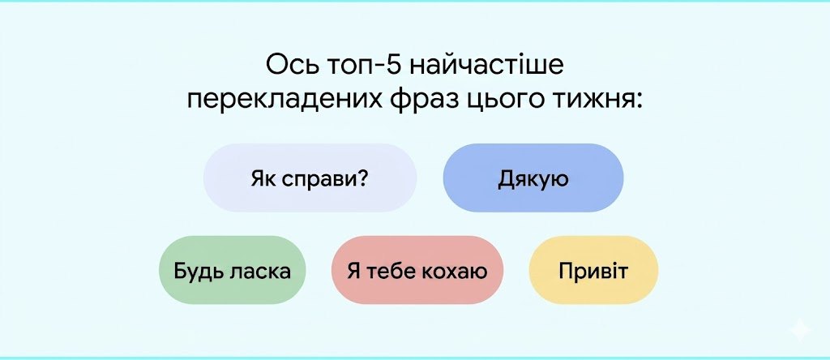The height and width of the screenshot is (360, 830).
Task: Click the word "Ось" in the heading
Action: pyautogui.click(x=293, y=67)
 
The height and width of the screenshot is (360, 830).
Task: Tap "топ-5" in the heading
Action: pyautogui.click(x=366, y=68)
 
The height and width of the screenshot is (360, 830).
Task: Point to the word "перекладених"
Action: pyautogui.click(x=283, y=101)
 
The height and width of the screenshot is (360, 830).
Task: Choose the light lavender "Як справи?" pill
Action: pyautogui.click(x=310, y=178)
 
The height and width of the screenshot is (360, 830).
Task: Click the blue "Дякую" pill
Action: pyautogui.click(x=533, y=178)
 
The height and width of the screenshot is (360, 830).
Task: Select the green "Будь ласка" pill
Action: pyautogui.click(x=233, y=270)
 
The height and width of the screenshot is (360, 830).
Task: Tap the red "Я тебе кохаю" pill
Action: pyautogui.click(x=417, y=270)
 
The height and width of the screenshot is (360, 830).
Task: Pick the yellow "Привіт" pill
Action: pyautogui.click(x=593, y=270)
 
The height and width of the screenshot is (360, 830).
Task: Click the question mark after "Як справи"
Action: pyautogui.click(x=362, y=178)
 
